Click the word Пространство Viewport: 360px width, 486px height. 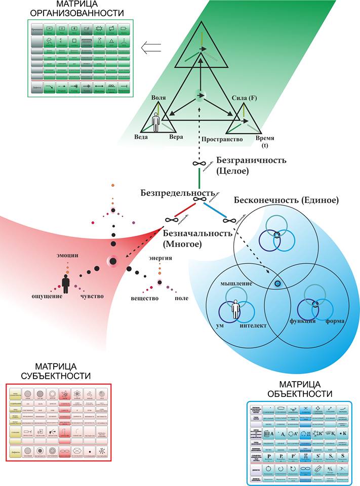[x=221, y=138]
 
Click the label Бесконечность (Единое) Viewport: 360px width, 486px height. [x=286, y=200]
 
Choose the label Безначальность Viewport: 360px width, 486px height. [x=197, y=233]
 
